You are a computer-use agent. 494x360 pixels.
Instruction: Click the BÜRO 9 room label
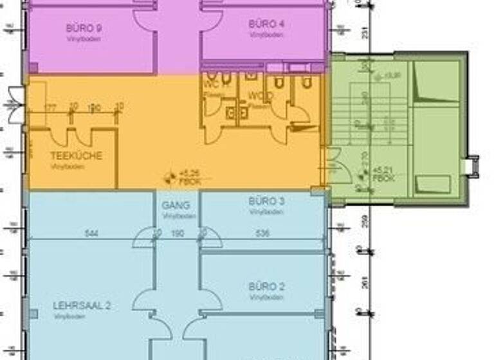[x=84, y=28]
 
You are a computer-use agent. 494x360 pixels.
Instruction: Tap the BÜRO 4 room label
[x=266, y=24]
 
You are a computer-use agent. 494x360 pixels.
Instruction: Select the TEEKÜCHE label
[x=76, y=156]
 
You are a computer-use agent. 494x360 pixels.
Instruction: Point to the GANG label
[x=176, y=206]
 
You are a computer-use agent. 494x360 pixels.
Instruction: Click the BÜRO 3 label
[x=266, y=201]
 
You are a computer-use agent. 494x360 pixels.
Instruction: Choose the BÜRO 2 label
[x=266, y=287]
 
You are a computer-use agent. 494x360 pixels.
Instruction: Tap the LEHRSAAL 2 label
[x=82, y=306]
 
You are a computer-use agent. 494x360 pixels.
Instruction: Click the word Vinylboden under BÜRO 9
[x=84, y=39]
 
